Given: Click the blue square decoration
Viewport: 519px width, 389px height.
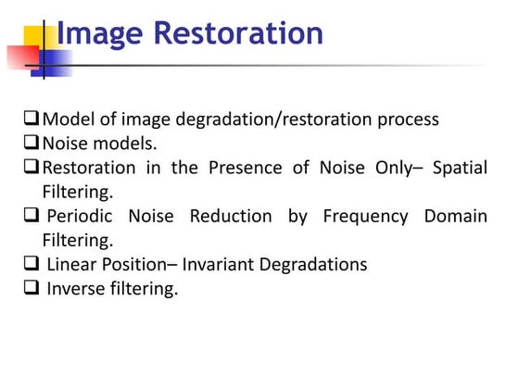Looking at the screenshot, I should pos(54,61).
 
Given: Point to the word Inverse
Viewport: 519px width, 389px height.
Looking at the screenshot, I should pos(76,288).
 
